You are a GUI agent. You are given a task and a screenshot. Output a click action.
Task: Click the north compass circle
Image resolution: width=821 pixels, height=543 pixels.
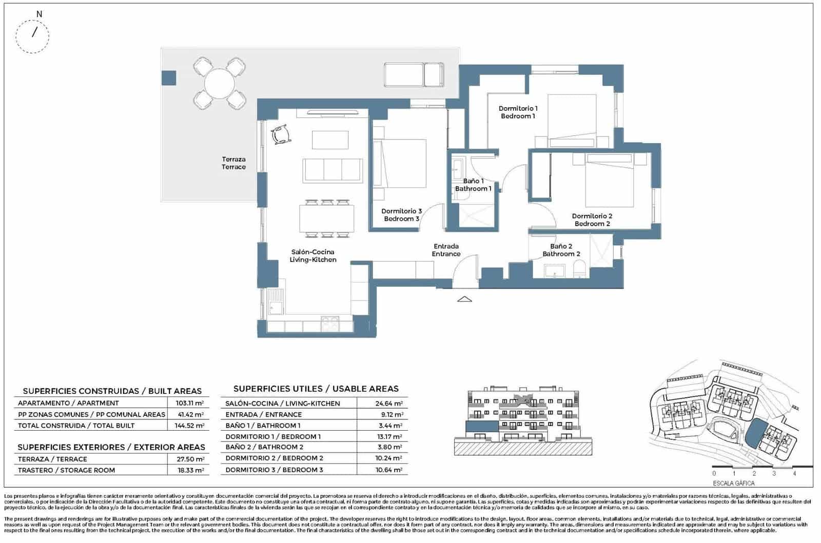(x=33, y=36)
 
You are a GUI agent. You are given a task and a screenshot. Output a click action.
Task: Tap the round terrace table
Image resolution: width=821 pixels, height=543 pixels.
(x=220, y=83)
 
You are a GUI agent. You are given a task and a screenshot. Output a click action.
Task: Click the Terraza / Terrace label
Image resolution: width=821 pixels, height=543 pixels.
(x=233, y=163)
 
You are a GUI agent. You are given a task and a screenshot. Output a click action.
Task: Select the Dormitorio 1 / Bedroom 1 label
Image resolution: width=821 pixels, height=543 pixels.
(x=518, y=112)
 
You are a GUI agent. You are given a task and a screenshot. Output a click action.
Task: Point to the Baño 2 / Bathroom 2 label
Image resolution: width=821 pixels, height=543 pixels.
(x=561, y=250)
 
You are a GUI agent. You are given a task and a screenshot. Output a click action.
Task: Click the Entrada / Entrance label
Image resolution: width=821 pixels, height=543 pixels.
(x=446, y=250)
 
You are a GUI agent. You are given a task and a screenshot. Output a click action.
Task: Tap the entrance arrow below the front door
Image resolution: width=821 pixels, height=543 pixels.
(x=464, y=299)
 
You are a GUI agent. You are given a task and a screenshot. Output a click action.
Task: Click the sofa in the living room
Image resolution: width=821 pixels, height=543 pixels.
(x=333, y=170)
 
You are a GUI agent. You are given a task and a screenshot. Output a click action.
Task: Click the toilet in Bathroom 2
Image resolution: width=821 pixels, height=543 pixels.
(x=579, y=269)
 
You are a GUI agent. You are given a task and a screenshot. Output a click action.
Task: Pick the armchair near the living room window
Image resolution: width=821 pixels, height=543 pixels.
(x=281, y=135)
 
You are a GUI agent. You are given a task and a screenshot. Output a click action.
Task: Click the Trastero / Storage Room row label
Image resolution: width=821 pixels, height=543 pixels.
(x=66, y=470)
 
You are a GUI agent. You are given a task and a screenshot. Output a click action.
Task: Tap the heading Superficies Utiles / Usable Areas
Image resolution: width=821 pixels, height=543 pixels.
(x=316, y=389)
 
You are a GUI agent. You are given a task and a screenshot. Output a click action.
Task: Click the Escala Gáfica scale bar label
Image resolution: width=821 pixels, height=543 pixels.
(x=733, y=483)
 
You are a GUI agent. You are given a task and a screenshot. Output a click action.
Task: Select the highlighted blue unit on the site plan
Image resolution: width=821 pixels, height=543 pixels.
(x=754, y=433)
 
